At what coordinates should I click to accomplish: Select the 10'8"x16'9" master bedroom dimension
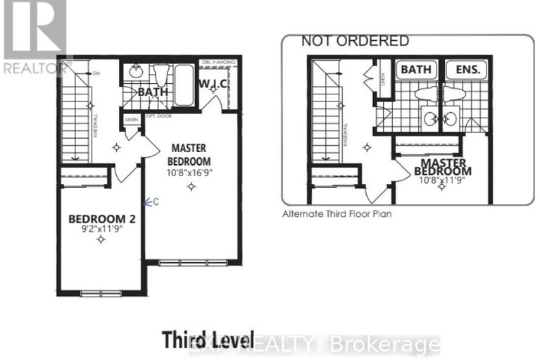[190, 170]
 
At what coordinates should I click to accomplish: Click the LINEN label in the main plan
[132, 120]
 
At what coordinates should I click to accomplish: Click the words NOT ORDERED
[355, 42]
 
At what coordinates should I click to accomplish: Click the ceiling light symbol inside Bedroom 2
[101, 240]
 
